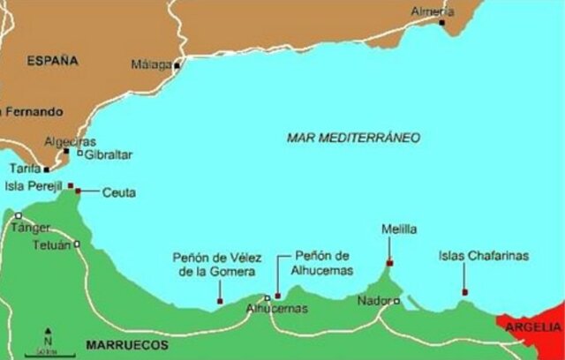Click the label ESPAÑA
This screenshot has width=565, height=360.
(53, 61)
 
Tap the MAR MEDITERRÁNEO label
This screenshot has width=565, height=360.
(353, 138)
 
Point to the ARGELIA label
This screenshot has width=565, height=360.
(533, 327)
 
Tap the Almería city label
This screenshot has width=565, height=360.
(433, 11)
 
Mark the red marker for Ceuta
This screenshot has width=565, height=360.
(79, 191)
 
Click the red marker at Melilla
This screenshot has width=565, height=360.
(389, 262)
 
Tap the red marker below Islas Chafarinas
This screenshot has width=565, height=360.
(464, 293)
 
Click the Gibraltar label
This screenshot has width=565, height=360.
(108, 154)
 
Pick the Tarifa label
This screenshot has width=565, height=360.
(24, 168)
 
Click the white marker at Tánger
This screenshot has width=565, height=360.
(18, 215)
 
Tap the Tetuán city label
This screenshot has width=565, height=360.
(50, 244)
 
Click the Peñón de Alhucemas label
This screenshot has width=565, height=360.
(323, 260)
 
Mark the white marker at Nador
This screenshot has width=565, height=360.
(396, 301)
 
